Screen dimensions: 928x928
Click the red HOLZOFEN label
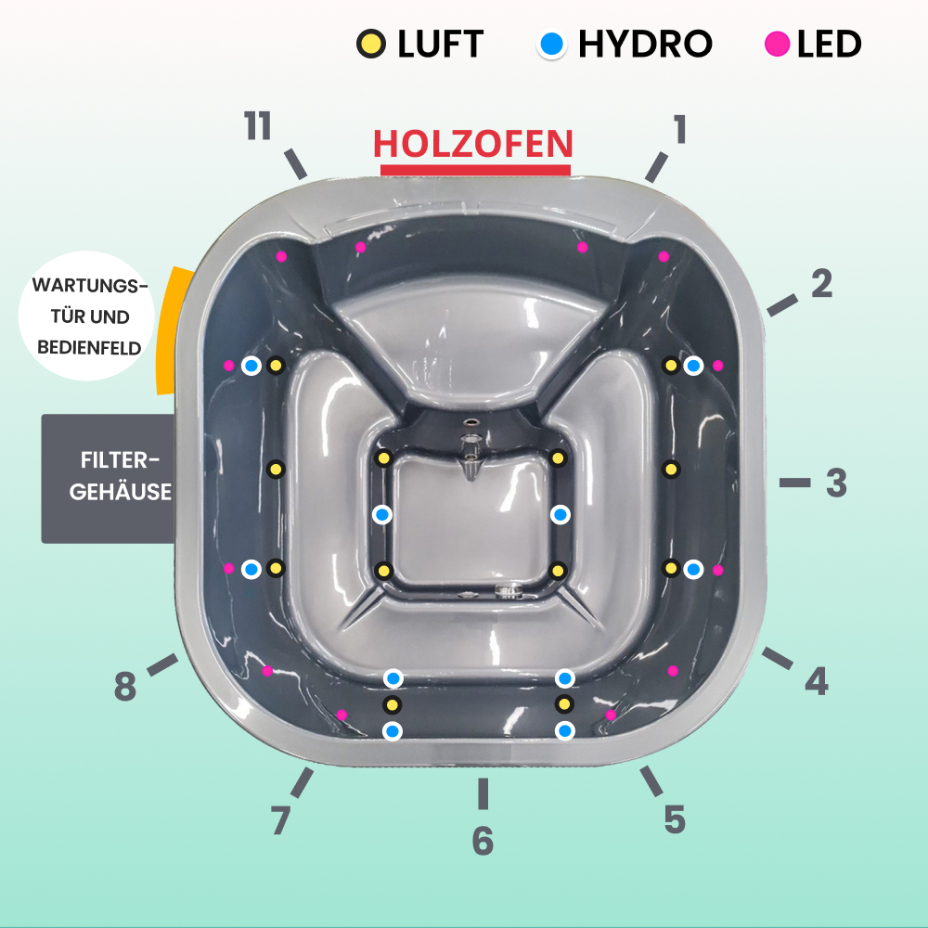pyautogui.click(x=473, y=144)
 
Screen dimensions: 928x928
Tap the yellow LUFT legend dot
pyautogui.click(x=370, y=44)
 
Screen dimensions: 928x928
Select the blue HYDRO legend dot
pyautogui.click(x=552, y=44)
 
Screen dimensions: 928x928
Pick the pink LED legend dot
pyautogui.click(x=778, y=44)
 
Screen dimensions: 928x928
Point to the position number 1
pyautogui.click(x=680, y=130)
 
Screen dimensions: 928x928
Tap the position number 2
pyautogui.click(x=821, y=285)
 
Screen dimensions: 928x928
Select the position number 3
pyautogui.click(x=836, y=483)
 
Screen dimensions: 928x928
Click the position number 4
pyautogui.click(x=816, y=682)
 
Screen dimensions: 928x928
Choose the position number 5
pyautogui.click(x=675, y=819)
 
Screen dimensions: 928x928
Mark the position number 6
pyautogui.click(x=483, y=841)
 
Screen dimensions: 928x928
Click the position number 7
pyautogui.click(x=281, y=820)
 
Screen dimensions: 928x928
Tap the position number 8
pyautogui.click(x=125, y=688)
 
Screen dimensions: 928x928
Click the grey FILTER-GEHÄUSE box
pyautogui.click(x=110, y=478)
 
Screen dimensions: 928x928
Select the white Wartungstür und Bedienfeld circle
pyautogui.click(x=86, y=316)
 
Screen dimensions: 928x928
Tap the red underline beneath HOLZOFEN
pyautogui.click(x=475, y=170)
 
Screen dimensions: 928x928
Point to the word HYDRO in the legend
pyautogui.click(x=645, y=44)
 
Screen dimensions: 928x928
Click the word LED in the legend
pyautogui.click(x=829, y=44)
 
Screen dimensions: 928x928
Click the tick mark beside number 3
pyautogui.click(x=794, y=483)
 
